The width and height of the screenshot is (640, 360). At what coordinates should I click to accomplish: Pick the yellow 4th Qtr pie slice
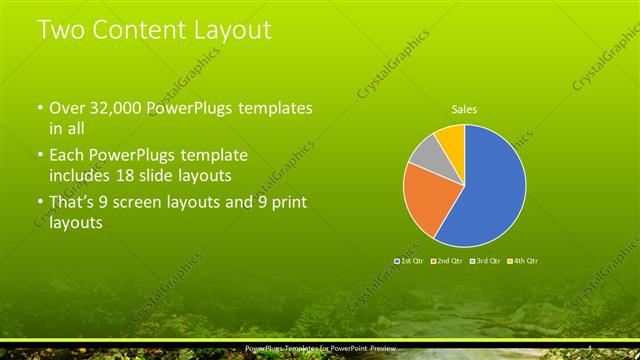pyautogui.click(x=452, y=137)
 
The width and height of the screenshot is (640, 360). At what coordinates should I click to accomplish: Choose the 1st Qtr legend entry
pyautogui.click(x=411, y=260)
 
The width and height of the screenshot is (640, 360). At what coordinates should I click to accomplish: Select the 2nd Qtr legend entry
pyautogui.click(x=446, y=260)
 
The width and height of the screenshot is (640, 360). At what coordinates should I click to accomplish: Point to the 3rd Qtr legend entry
pyautogui.click(x=484, y=260)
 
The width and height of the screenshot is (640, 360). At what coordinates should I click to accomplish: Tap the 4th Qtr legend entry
pyautogui.click(x=523, y=260)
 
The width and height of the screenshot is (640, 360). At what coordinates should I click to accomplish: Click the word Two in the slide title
pyautogui.click(x=61, y=30)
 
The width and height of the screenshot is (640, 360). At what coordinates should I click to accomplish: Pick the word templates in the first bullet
pyautogui.click(x=272, y=107)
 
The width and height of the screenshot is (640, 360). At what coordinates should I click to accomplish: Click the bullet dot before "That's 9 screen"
pyautogui.click(x=39, y=203)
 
